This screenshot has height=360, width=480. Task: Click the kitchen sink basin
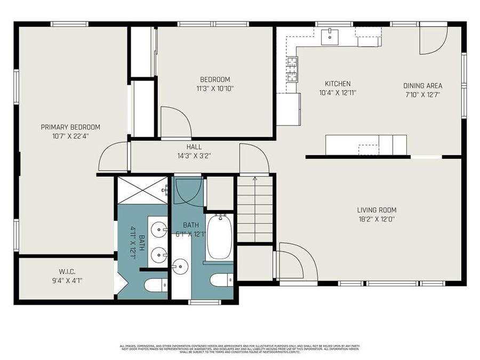[x=330, y=35]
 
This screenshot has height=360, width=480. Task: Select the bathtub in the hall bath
[x=218, y=236]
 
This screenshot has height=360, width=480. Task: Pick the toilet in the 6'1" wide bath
[x=221, y=280]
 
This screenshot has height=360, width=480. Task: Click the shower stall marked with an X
[x=142, y=189]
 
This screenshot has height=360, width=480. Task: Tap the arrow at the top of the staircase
[x=255, y=180]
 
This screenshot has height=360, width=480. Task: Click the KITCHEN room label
[x=338, y=84]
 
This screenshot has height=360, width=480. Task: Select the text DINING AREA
[x=422, y=85]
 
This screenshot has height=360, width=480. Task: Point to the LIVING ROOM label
[x=377, y=210]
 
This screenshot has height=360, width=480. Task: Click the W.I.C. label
[x=66, y=270]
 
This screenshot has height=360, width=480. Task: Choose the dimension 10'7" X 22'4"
[x=70, y=135]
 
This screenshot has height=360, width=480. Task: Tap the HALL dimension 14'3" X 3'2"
[x=194, y=155]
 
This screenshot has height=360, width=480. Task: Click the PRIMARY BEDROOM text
[x=70, y=127]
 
